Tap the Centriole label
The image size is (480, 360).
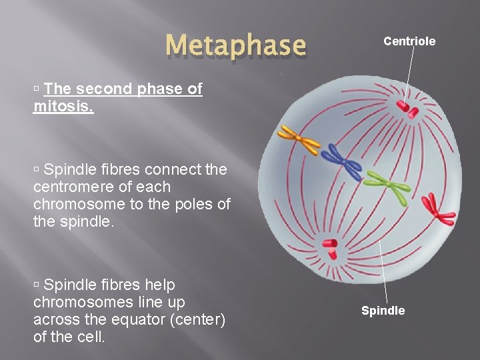(x=409, y=41)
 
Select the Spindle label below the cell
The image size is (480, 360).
(x=383, y=311)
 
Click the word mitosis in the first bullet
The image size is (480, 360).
(x=63, y=107)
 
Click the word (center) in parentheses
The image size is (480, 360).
(x=199, y=320)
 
